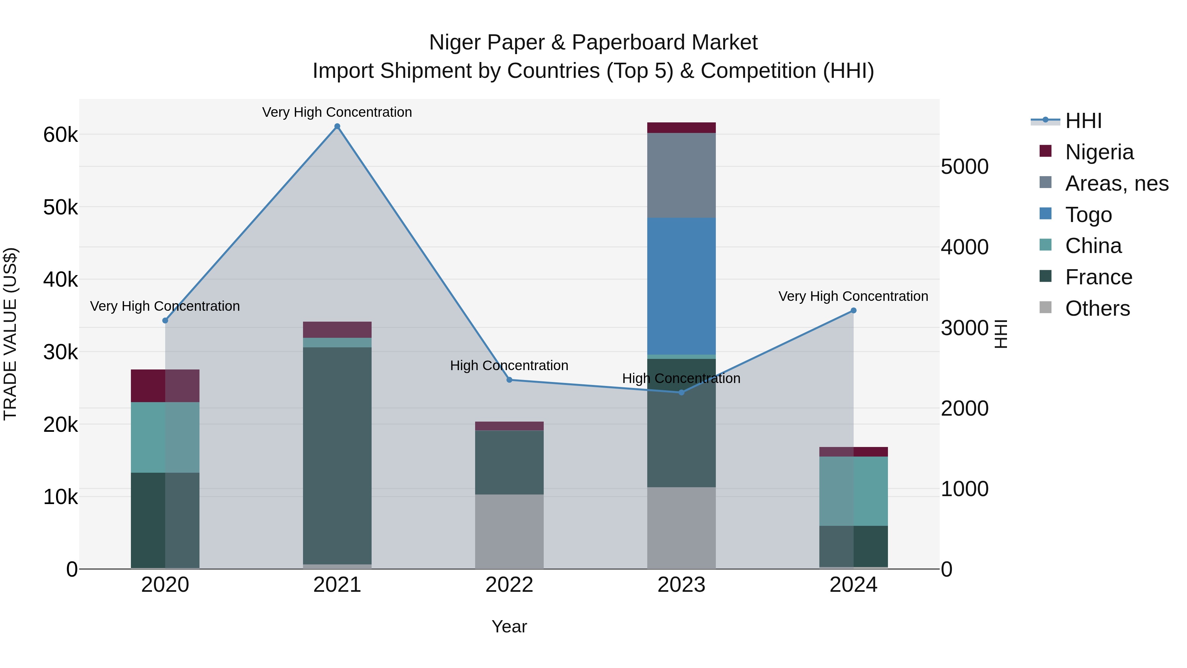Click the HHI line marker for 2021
coord(337,126)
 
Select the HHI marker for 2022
coord(509,380)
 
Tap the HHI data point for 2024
coord(853,311)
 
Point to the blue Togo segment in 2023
coord(681,286)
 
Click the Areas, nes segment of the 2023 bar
coord(681,175)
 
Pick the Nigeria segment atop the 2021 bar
coord(337,330)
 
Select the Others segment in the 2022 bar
coord(509,531)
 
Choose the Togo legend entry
coord(1088,215)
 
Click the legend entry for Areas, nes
coord(1116,183)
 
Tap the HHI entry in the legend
coord(1083,121)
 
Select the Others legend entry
coord(1097,308)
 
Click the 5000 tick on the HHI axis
coord(964,167)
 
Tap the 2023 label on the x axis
coord(681,585)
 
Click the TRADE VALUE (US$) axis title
coord(10,334)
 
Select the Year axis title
coord(509,626)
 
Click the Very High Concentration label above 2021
coord(337,112)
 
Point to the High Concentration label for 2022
coord(509,366)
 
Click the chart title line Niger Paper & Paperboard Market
coord(593,43)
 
